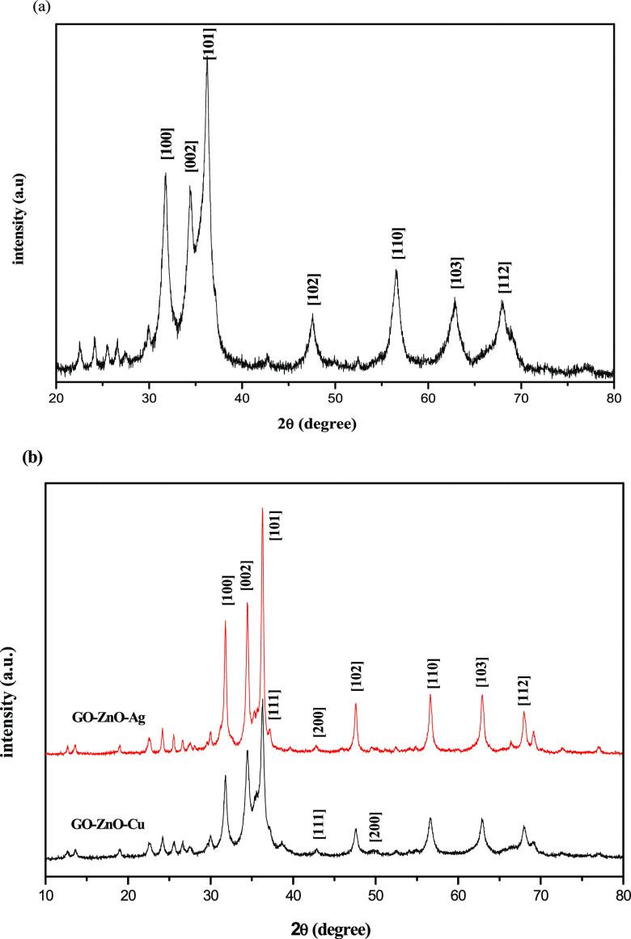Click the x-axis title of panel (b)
click(x=335, y=925)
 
